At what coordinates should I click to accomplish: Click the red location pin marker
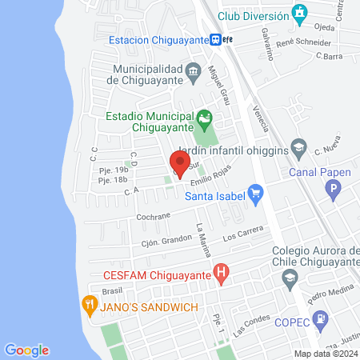click(181, 163)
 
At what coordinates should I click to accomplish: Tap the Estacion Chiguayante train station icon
click(215, 39)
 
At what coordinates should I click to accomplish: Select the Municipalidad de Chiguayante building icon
click(194, 74)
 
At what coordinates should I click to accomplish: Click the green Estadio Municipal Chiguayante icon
click(205, 120)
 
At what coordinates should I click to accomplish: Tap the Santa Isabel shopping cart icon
click(255, 193)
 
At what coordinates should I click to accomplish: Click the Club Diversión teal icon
click(300, 14)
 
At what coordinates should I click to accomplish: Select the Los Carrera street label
click(242, 234)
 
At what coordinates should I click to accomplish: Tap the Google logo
click(26, 350)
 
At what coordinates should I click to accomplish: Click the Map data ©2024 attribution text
click(325, 354)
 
